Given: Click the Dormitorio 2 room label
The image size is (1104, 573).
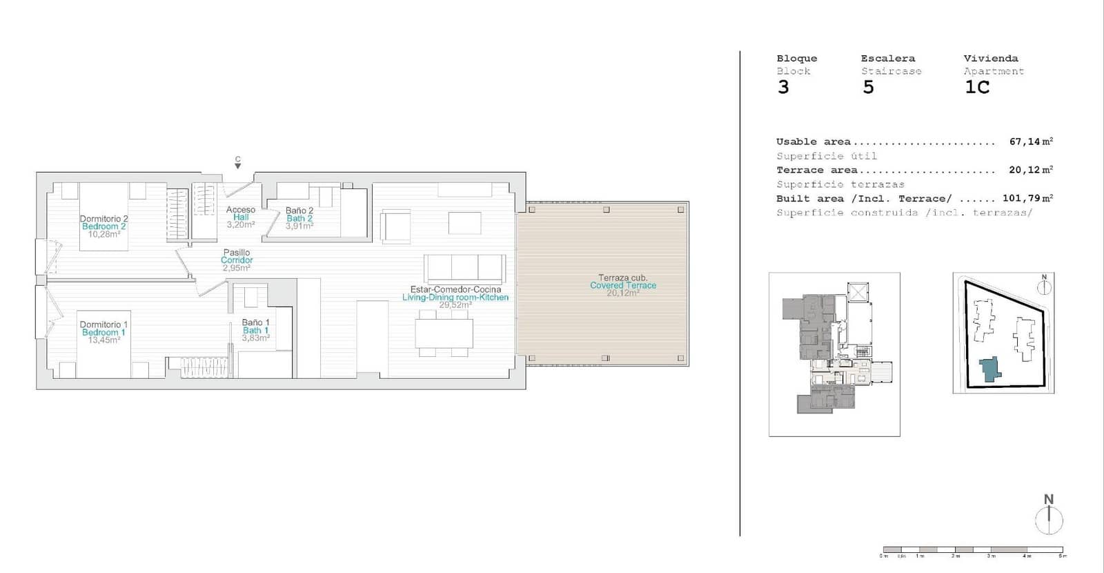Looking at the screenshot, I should pyautogui.click(x=103, y=219).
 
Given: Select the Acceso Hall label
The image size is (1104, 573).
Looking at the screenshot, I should pyautogui.click(x=241, y=217).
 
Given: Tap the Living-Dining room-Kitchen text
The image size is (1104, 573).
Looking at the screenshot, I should pyautogui.click(x=455, y=298).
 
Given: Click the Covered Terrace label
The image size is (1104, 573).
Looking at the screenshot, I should pyautogui.click(x=623, y=285).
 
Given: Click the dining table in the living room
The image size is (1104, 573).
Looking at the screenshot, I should pyautogui.click(x=444, y=333).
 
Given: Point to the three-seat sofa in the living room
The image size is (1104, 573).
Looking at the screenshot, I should pyautogui.click(x=464, y=266).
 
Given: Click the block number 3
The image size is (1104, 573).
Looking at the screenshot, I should pyautogui.click(x=783, y=88).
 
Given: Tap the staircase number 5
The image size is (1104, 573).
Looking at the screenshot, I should pyautogui.click(x=868, y=88).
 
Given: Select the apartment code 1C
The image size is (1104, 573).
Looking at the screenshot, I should pyautogui.click(x=976, y=88).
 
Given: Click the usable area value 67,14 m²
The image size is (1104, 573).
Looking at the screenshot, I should pyautogui.click(x=1031, y=142).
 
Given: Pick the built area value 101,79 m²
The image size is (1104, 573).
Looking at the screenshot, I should pyautogui.click(x=1027, y=198).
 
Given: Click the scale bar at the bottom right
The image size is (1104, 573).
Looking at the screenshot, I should pyautogui.click(x=973, y=550).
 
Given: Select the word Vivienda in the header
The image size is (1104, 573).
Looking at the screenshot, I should pyautogui.click(x=991, y=59).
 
